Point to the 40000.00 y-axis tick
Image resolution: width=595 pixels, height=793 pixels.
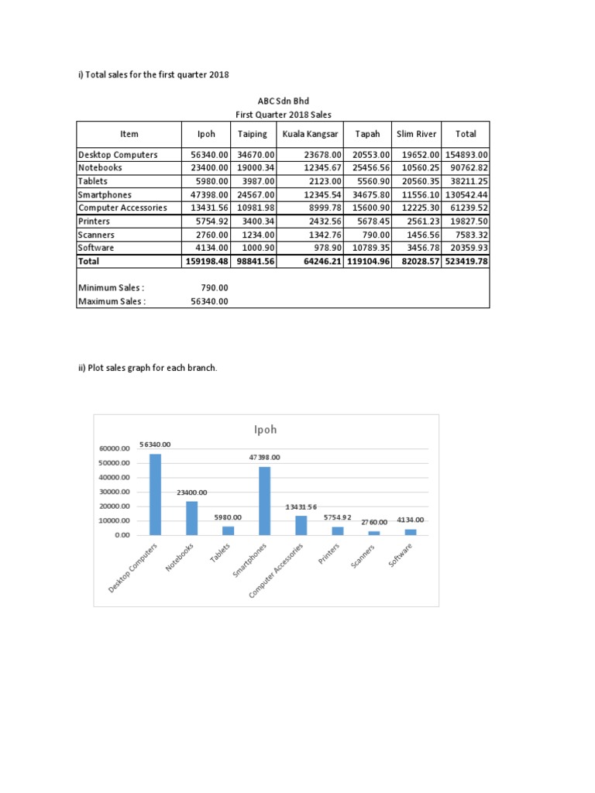point(115,477)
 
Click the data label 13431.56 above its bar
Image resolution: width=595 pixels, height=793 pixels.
point(301,506)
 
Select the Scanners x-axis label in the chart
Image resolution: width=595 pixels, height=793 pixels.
point(364,557)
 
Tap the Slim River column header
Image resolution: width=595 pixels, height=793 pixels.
point(417,134)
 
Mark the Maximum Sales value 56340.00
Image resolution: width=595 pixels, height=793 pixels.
point(209,301)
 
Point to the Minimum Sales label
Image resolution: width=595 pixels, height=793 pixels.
point(112,288)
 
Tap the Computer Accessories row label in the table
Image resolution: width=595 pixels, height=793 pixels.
point(122,208)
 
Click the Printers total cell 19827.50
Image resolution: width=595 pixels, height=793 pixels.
point(466,221)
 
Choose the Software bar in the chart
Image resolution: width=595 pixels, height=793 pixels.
point(411,532)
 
